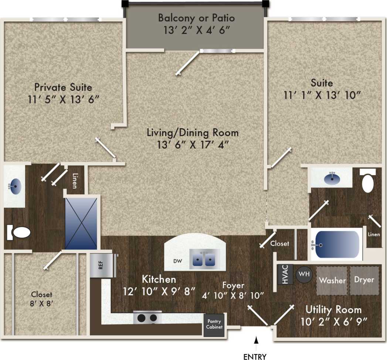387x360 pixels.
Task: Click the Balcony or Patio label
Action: tap(196, 18)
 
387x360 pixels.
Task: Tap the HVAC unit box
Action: tap(285, 274)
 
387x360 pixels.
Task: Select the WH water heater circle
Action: tap(303, 274)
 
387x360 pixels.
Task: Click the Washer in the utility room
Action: tap(332, 280)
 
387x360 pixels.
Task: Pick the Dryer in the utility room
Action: tap(364, 280)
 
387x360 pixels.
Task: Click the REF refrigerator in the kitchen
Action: tap(101, 265)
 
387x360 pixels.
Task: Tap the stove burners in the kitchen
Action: tap(147, 317)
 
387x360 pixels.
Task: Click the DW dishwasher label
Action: tap(178, 261)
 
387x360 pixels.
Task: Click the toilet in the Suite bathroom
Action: tap(368, 183)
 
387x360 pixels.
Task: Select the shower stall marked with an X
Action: tap(81, 223)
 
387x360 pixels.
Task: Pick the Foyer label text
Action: tap(233, 285)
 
